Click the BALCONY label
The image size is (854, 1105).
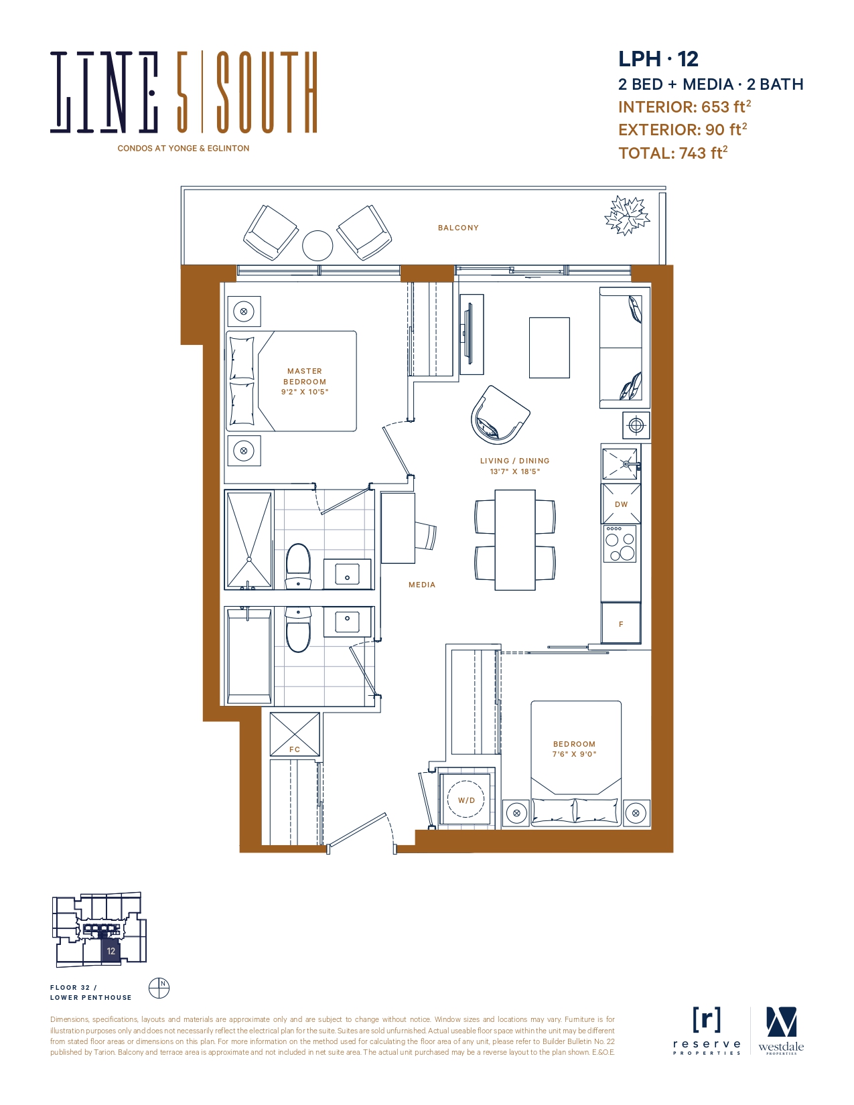[x=458, y=228]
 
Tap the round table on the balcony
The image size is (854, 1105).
[x=317, y=246]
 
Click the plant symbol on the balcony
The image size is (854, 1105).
[x=627, y=215]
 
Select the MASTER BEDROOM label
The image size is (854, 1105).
[x=305, y=376]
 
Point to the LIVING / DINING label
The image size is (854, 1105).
[x=514, y=461]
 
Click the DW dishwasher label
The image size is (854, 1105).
[x=621, y=504]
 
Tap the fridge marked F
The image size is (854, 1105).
[x=621, y=623]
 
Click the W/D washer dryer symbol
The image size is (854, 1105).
[x=466, y=800]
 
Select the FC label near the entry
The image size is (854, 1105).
[x=295, y=749]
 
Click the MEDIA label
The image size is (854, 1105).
[x=422, y=585]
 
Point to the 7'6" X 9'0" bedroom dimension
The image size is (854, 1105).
[x=574, y=754]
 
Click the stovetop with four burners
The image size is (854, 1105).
[x=620, y=544]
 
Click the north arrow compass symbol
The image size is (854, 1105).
[x=159, y=988]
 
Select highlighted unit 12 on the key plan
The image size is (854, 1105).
[x=111, y=951]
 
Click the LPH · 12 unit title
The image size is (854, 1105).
[x=658, y=59]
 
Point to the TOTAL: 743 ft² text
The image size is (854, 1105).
[x=672, y=153]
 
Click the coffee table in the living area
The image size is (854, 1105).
[x=549, y=348]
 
